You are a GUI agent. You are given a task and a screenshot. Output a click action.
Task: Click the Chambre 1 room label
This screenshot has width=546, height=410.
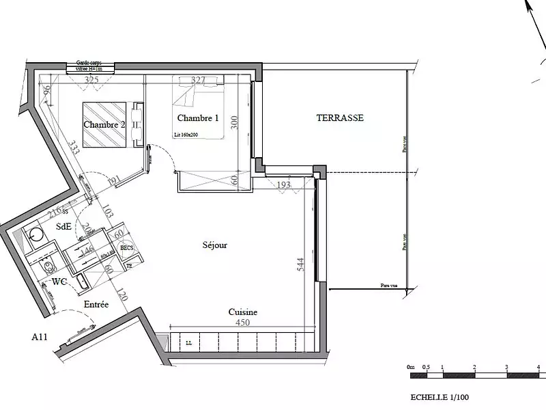click(x=197, y=118)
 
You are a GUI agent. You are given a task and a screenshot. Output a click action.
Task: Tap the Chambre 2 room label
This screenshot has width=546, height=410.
click(x=104, y=124)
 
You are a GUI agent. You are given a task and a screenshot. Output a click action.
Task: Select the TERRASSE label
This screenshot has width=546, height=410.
click(x=340, y=118)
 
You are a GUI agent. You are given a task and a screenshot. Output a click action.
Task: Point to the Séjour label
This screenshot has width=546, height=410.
click(x=214, y=245)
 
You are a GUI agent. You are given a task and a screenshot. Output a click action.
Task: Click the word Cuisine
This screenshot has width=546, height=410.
click(x=242, y=312)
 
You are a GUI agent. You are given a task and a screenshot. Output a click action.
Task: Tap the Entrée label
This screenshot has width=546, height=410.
click(x=96, y=304)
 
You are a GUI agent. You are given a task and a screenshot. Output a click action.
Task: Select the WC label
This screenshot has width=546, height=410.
click(x=59, y=282)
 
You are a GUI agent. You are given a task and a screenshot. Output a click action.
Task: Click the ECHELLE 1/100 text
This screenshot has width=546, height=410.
click(x=440, y=397)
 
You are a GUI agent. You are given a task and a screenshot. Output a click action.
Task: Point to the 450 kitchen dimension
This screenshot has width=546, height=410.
click(x=242, y=323)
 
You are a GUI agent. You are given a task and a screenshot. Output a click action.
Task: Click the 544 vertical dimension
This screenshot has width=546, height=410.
click(x=300, y=264)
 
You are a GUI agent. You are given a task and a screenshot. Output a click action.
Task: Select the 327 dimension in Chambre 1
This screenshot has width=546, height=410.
click(x=198, y=81)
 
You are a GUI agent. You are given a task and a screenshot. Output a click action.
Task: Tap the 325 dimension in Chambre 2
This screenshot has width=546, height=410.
click(x=91, y=81)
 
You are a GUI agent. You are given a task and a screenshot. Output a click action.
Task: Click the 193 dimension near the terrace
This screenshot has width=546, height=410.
click(x=284, y=185)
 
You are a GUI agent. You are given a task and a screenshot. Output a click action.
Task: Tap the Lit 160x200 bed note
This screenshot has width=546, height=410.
click(x=186, y=135)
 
